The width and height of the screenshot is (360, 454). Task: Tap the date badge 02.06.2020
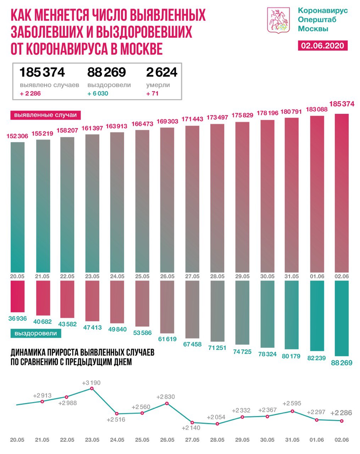[x=322, y=45]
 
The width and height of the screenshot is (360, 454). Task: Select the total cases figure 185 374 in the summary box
[x=42, y=72]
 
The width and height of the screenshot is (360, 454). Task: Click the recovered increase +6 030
[x=98, y=94]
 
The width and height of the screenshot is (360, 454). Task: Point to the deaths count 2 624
[x=161, y=72]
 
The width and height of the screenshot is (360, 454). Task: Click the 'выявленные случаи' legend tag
[x=45, y=115]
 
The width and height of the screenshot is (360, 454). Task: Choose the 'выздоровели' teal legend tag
[x=35, y=333]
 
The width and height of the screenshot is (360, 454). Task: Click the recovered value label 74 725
[x=242, y=351]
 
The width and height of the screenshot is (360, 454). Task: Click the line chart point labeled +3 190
[x=92, y=389]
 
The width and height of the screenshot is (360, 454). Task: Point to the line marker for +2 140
[x=192, y=422]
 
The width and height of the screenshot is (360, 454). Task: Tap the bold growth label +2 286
[x=341, y=413]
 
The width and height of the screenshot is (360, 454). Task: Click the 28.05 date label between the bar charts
[x=217, y=276]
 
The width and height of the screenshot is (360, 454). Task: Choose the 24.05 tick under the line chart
[x=117, y=440]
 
